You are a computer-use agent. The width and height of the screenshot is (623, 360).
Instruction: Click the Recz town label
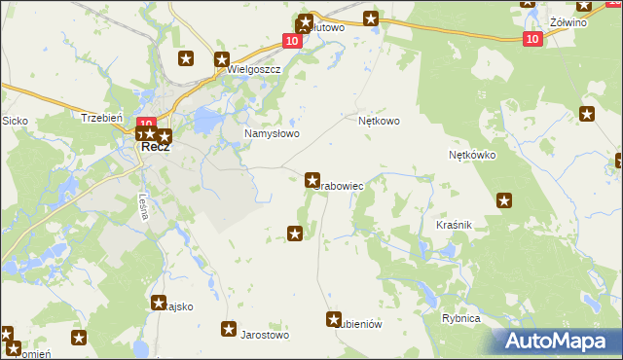coord(156,147)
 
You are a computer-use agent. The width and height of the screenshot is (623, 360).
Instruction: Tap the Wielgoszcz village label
coord(253,70)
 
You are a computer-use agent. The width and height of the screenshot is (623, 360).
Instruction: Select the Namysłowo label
coord(272,134)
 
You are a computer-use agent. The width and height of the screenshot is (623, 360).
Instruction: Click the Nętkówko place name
coord(472,155)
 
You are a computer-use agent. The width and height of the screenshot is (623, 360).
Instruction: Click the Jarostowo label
coord(266,335)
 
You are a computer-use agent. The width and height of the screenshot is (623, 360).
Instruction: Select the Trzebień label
coord(101,117)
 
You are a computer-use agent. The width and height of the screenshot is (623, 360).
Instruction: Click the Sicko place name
coord(15,121)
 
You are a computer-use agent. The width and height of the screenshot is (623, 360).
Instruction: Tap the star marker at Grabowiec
coord(312,179)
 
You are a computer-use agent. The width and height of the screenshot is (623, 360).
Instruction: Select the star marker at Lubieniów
coord(334,319)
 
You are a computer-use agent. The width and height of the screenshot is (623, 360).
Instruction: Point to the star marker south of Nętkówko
coord(504,200)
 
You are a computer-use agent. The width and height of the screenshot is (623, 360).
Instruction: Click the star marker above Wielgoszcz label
coord(221,58)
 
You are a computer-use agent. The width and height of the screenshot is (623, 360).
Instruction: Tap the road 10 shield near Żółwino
coord(531,39)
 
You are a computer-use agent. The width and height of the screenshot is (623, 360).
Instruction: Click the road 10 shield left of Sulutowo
coord(292,40)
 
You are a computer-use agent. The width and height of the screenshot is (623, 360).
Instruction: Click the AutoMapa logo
coord(556,341)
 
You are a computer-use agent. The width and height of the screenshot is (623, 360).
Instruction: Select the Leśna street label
coord(143,207)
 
